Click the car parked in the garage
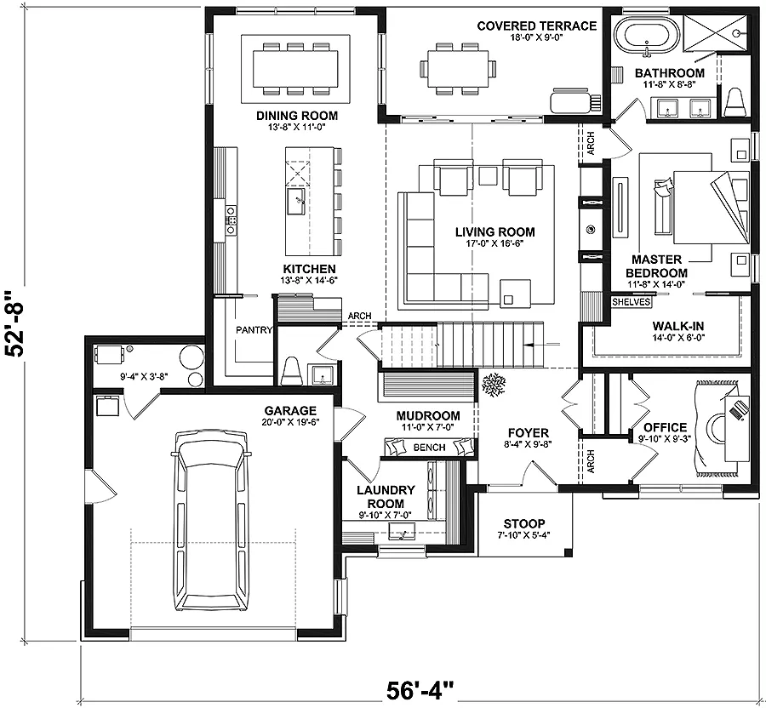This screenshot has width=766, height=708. pyautogui.click(x=211, y=521)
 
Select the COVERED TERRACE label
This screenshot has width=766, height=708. pyautogui.click(x=536, y=26)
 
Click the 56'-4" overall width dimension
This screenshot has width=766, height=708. pyautogui.click(x=420, y=691)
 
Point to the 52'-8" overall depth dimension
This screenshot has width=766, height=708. pyautogui.click(x=15, y=325)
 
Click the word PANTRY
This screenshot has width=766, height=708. pyautogui.click(x=254, y=330)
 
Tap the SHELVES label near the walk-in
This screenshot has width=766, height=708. pyautogui.click(x=632, y=302)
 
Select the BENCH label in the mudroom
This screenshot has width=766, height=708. pyautogui.click(x=430, y=448)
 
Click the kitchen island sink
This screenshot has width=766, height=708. pyautogui.click(x=296, y=201)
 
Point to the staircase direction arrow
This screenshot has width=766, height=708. pyautogui.click(x=540, y=345)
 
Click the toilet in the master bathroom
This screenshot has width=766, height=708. pyautogui.click(x=733, y=103)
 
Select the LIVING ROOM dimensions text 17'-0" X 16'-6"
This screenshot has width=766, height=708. pyautogui.click(x=494, y=243)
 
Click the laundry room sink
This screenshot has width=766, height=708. pyautogui.click(x=401, y=531)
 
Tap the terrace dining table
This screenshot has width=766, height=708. pyautogui.click(x=457, y=68)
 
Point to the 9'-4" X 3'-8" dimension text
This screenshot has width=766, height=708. pyautogui.click(x=144, y=376)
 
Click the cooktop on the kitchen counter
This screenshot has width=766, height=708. pyautogui.click(x=231, y=220)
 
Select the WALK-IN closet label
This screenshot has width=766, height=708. pyautogui.click(x=678, y=326)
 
